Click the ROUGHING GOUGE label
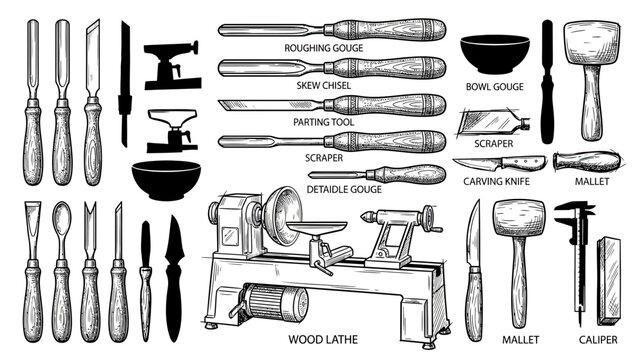coord(324,48)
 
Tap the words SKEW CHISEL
coord(324,85)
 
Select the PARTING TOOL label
coord(324,122)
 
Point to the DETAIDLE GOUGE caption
coord(344,189)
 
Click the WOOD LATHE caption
coord(323,339)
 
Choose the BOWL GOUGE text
coord(494,87)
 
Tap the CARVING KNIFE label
coord(497,181)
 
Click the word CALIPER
coord(598,339)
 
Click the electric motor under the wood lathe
coord(275,303)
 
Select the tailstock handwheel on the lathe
coord(430,218)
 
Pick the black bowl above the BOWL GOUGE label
coord(494,54)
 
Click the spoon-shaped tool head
coord(62,220)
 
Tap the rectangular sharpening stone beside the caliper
coord(609,280)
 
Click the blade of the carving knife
coord(476,163)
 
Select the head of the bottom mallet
coord(520,219)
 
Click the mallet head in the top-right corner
coord(592,42)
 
